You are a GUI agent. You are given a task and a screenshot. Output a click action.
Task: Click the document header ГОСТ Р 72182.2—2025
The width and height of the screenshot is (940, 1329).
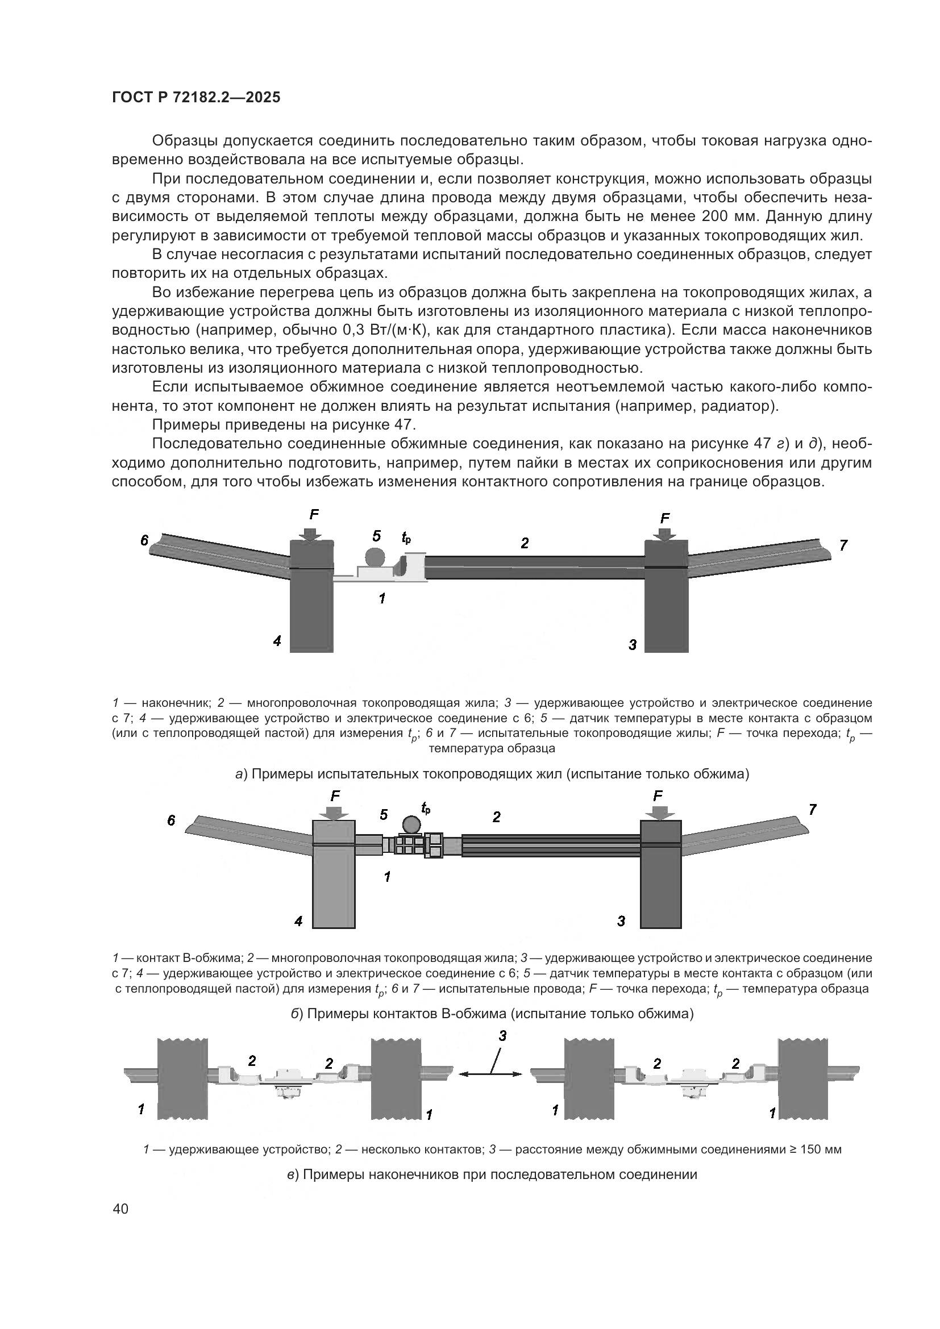(x=196, y=98)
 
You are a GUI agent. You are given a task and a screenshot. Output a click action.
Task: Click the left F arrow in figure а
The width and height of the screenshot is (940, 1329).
(x=311, y=532)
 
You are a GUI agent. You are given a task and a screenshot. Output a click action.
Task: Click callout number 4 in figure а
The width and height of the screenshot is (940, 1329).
(x=277, y=641)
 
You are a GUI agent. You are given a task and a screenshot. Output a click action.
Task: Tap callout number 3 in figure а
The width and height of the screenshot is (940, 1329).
(x=633, y=644)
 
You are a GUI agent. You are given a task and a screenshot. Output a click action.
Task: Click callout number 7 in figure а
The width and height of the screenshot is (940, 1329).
(x=843, y=545)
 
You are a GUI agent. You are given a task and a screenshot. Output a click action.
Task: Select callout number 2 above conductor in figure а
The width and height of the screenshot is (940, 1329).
(x=525, y=543)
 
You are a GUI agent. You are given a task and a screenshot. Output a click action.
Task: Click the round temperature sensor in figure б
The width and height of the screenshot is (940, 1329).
(x=411, y=824)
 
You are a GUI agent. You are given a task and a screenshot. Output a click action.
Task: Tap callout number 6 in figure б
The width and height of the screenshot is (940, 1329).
(x=171, y=820)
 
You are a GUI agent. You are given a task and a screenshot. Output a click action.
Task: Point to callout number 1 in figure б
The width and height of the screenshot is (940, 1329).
(x=387, y=876)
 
